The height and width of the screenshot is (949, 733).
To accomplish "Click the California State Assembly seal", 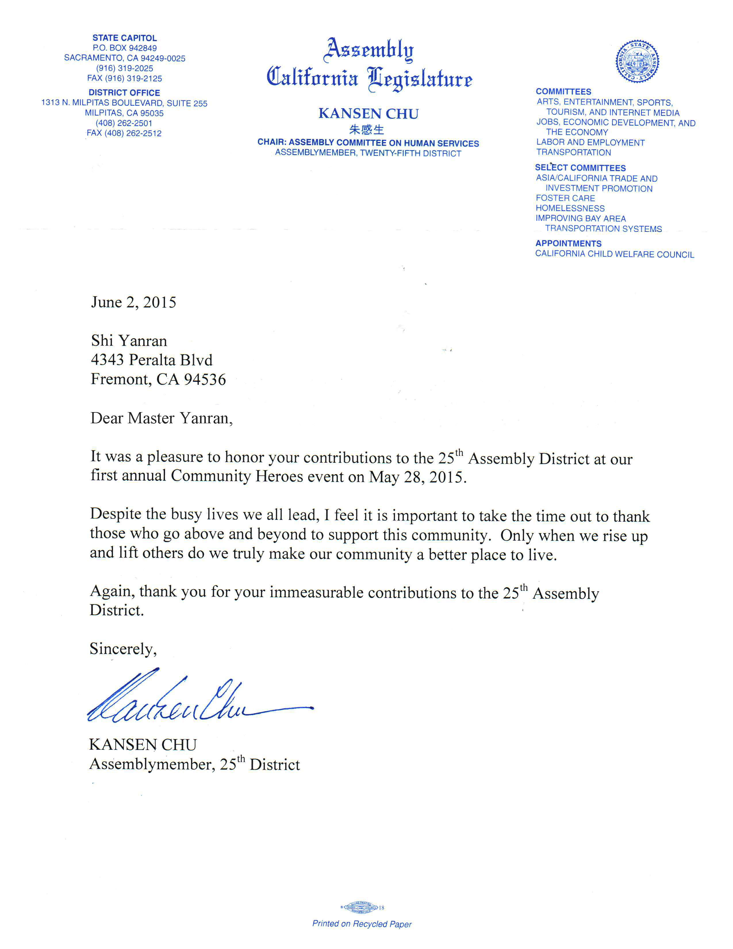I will click(x=637, y=61).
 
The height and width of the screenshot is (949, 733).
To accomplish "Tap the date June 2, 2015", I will click(x=133, y=303).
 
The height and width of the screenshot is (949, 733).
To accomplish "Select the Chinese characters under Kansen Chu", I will click(x=367, y=129).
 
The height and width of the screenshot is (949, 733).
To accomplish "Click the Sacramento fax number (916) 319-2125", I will click(x=125, y=79).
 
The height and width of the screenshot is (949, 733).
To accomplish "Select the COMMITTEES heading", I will click(x=563, y=92).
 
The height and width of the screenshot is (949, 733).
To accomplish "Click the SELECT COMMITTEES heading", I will click(x=580, y=168).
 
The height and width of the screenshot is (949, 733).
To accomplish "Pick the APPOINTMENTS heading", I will click(x=568, y=243).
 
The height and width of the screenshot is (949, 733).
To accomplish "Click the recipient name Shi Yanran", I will click(x=129, y=341).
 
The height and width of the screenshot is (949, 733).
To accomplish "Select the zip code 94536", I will click(x=205, y=379).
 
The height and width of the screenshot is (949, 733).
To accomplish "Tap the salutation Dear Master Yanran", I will click(x=162, y=418).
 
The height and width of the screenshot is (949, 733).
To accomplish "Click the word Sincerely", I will click(x=123, y=649).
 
